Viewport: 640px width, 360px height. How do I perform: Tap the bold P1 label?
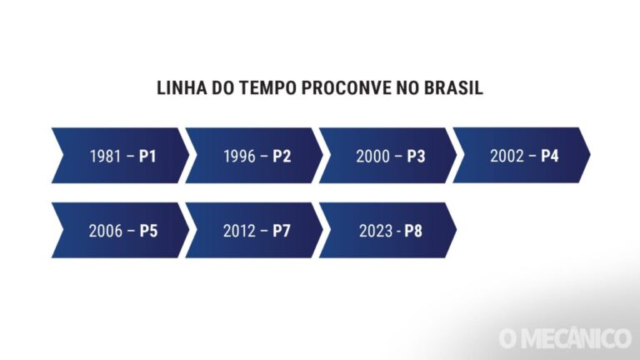(x=147, y=156)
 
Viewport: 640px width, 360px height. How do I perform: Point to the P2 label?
(x=282, y=156)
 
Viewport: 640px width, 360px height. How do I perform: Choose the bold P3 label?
(x=416, y=156)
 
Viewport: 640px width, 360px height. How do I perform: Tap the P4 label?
(x=549, y=156)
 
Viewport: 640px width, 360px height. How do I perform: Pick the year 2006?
(x=105, y=231)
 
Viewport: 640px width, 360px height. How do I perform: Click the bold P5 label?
(x=148, y=231)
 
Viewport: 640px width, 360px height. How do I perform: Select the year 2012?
(x=239, y=231)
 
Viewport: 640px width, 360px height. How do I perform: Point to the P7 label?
(x=282, y=231)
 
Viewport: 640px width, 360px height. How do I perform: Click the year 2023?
(x=375, y=231)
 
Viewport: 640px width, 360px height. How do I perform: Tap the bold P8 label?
(x=413, y=231)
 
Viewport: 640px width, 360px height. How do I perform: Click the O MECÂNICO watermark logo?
(x=564, y=338)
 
